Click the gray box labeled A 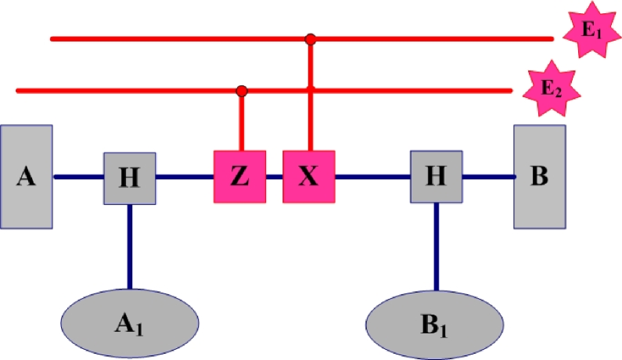click(27, 177)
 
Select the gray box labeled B click(539, 177)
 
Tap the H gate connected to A click(130, 178)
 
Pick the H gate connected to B click(437, 178)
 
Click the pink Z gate click(239, 177)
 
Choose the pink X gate click(309, 177)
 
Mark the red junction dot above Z click(242, 92)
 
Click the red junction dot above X click(311, 38)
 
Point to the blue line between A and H click(78, 178)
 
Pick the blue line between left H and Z click(185, 178)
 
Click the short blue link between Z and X click(274, 178)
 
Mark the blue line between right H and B click(488, 178)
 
